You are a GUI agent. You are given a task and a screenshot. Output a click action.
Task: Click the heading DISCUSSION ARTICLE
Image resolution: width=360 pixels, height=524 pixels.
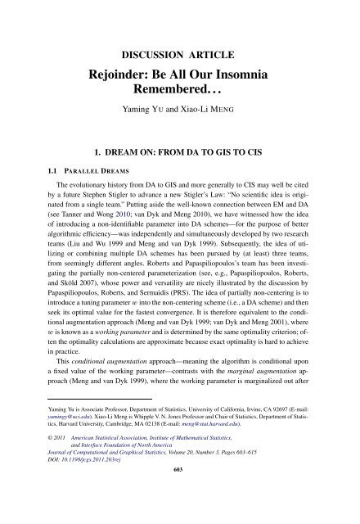pos(180,56)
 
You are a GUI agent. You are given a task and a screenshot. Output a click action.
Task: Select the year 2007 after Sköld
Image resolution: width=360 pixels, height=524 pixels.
pos(107,313)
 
